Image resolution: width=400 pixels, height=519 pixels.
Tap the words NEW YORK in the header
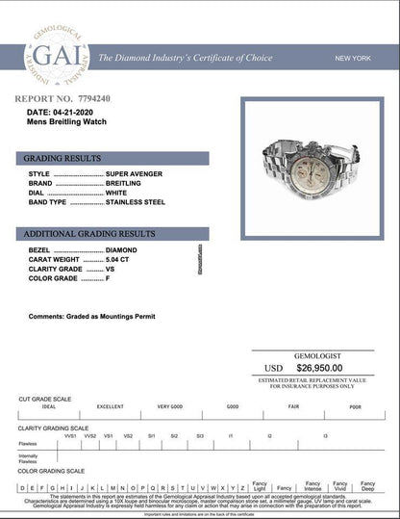click(x=352, y=59)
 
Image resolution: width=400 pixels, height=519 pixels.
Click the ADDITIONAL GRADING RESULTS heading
click(x=88, y=234)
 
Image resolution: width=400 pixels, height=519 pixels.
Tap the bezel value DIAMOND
click(x=120, y=249)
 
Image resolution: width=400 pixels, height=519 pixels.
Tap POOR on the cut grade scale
click(x=355, y=407)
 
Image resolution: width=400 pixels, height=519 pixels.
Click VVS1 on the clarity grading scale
click(x=70, y=436)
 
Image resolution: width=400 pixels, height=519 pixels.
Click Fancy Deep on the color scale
click(x=368, y=486)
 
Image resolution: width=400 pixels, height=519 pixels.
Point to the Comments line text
click(x=92, y=316)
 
